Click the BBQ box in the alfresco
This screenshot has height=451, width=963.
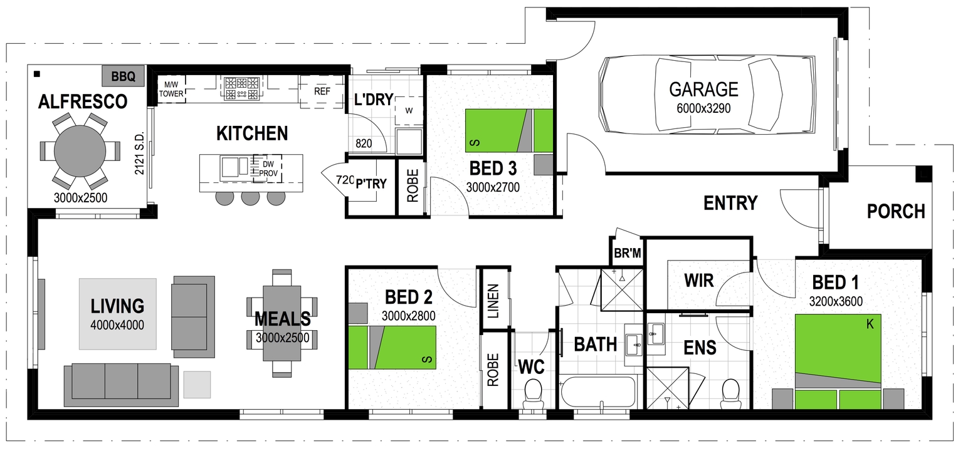pyautogui.click(x=123, y=77)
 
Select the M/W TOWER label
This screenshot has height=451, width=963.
pyautogui.click(x=171, y=90)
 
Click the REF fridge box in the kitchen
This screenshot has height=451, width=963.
pyautogui.click(x=322, y=91)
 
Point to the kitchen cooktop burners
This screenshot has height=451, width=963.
pyautogui.click(x=241, y=88)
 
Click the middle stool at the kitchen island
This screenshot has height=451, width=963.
pyautogui.click(x=250, y=197)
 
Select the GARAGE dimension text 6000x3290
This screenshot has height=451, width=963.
pyautogui.click(x=703, y=108)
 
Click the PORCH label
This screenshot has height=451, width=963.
pyautogui.click(x=895, y=212)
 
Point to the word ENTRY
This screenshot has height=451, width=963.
pyautogui.click(x=730, y=203)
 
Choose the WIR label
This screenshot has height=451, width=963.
pyautogui.click(x=698, y=280)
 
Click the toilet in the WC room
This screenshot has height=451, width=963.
pyautogui.click(x=533, y=393)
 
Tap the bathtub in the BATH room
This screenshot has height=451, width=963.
pyautogui.click(x=597, y=393)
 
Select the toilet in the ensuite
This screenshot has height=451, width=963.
pyautogui.click(x=731, y=393)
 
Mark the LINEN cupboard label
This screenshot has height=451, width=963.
pyautogui.click(x=493, y=301)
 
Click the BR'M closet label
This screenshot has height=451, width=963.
pyautogui.click(x=628, y=254)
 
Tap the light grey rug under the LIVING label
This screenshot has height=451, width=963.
pyautogui.click(x=117, y=314)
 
